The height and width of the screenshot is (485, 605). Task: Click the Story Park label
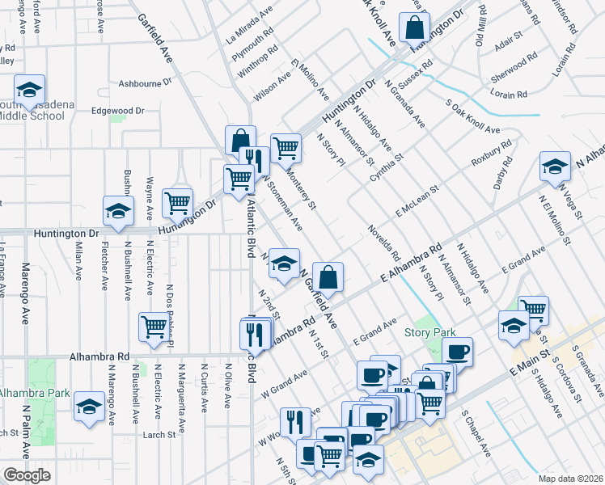pos(431,332)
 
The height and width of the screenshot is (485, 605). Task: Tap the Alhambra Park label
pos(26,393)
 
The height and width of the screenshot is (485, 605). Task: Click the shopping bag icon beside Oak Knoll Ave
pos(414,29)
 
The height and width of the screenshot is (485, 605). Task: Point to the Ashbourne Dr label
pos(146,82)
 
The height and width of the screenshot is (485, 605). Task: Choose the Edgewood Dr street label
pos(117,111)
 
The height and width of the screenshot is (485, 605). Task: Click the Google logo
pos(27,475)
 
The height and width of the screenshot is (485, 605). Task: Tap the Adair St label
pos(510,46)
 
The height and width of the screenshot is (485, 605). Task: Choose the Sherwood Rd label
pos(514,70)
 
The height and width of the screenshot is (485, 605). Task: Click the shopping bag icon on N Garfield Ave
pos(328,277)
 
